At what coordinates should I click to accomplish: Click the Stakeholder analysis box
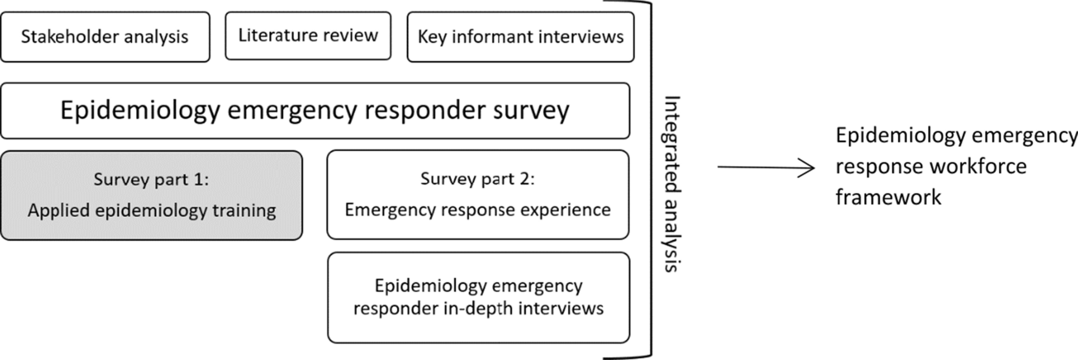105,37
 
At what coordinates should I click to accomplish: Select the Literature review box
308,36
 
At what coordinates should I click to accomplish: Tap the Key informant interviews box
520,37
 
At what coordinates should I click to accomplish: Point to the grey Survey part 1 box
151,195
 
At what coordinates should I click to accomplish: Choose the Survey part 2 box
477,194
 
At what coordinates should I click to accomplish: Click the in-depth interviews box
478,297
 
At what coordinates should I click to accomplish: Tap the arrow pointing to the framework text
766,168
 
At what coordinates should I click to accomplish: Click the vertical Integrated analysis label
671,183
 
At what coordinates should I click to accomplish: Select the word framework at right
888,197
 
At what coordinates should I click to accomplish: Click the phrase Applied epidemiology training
152,211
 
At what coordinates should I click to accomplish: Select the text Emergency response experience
477,210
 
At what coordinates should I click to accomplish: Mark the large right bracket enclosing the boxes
649,180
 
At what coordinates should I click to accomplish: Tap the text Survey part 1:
151,180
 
